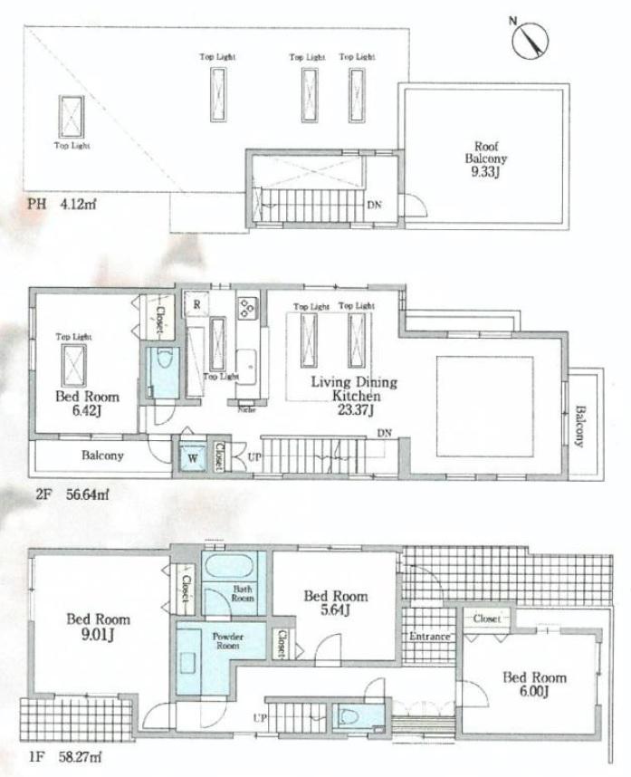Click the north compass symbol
click(531, 39)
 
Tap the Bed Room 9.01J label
click(98, 626)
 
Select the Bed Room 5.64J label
click(335, 602)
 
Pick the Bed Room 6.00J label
click(534, 684)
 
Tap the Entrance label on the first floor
click(429, 637)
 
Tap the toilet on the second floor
click(163, 373)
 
